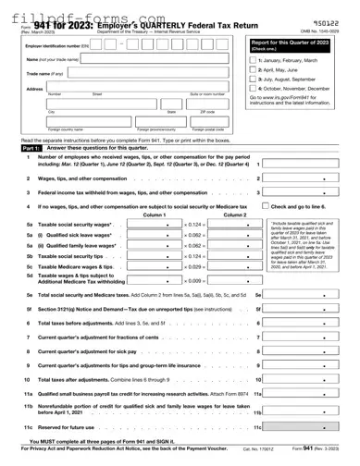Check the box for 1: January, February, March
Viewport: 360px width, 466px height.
254,59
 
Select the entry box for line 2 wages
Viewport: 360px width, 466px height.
306,178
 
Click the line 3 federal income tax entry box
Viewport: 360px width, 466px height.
306,193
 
